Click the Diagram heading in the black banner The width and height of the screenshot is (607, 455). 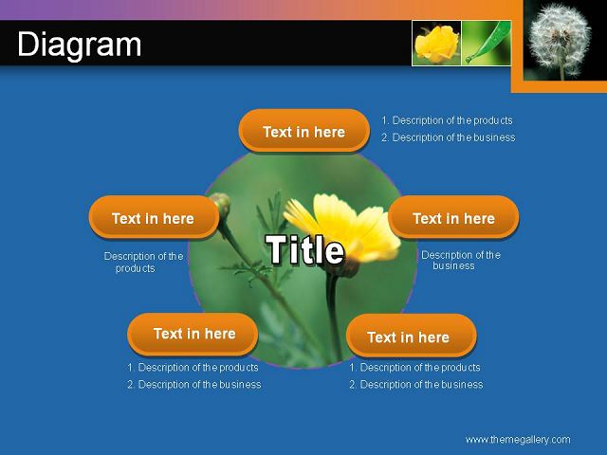(80, 45)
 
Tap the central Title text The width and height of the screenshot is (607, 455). (304, 250)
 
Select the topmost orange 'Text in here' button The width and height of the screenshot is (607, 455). (303, 131)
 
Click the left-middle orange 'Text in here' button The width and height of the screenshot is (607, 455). (154, 217)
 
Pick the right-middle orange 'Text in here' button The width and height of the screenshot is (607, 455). (453, 217)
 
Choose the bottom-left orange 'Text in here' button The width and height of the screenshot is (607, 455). (193, 335)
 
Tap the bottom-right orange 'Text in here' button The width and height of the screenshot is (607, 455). (411, 336)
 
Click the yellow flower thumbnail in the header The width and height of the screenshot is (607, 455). (436, 44)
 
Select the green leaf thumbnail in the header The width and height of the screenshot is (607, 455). (487, 44)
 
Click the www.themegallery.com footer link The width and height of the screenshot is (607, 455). (518, 440)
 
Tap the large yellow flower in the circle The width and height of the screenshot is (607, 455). (342, 227)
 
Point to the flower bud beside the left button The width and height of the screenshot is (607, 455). (221, 204)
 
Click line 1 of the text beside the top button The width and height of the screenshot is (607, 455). (447, 120)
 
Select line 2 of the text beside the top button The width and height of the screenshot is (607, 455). (449, 137)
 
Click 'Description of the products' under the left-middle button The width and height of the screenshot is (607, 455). (143, 262)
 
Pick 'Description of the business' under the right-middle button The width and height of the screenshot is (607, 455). (461, 260)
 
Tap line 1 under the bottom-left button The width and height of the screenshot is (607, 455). (193, 368)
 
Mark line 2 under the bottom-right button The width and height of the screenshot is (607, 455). (416, 385)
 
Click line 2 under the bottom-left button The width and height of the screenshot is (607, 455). (194, 385)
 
